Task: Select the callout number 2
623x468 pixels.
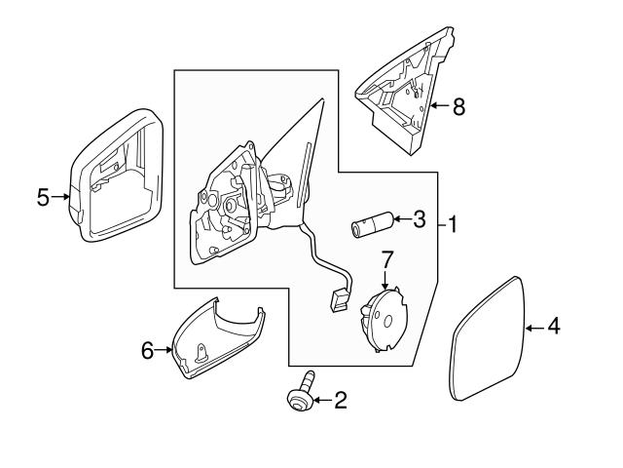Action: pyautogui.click(x=340, y=399)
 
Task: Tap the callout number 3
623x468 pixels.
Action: pyautogui.click(x=419, y=219)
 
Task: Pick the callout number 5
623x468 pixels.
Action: pyautogui.click(x=44, y=197)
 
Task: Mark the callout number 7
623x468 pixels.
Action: pyautogui.click(x=386, y=260)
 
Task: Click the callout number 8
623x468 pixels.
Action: pyautogui.click(x=458, y=106)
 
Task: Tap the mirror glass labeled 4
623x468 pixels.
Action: pyautogui.click(x=491, y=337)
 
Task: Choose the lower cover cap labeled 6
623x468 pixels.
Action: pyautogui.click(x=214, y=341)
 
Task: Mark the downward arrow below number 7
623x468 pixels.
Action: pyautogui.click(x=386, y=281)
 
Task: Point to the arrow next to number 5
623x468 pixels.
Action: pyautogui.click(x=62, y=197)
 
